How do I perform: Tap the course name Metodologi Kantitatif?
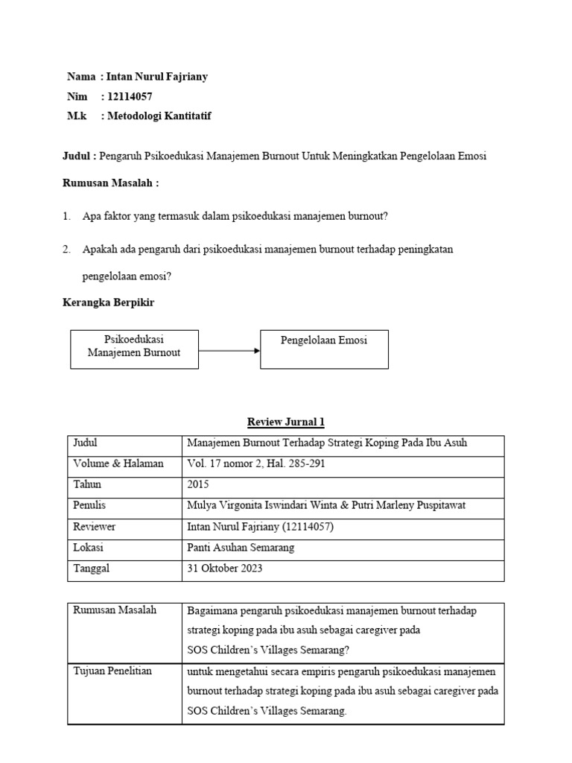159,115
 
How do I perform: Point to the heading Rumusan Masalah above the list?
110,183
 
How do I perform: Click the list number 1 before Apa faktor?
66,216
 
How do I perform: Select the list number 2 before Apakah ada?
66,250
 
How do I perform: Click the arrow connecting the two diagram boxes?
229,350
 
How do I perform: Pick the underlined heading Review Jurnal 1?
286,422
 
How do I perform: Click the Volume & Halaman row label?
118,463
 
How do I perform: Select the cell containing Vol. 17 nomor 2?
255,463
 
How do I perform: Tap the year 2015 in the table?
200,484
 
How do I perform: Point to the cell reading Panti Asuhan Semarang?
241,547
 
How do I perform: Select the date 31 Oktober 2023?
224,568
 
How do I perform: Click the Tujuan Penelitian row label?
112,671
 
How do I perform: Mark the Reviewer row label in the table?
94,526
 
